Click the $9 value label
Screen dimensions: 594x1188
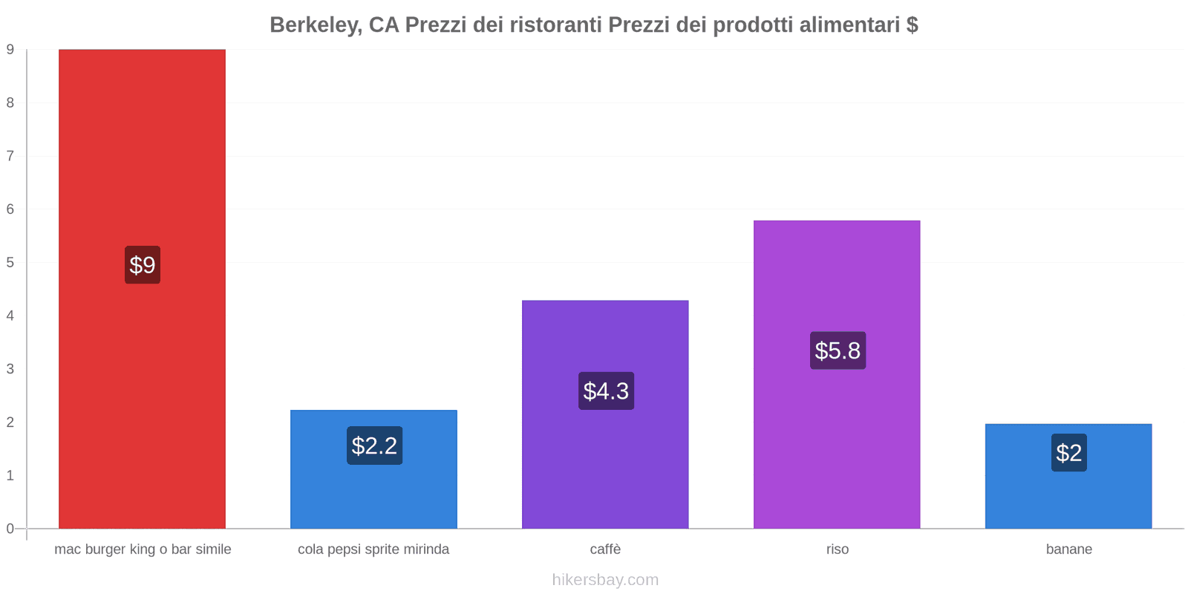(143, 265)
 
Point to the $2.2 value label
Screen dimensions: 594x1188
(374, 446)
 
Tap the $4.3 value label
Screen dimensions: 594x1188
(606, 391)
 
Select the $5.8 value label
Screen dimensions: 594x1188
(838, 350)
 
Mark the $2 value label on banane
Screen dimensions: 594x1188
(1068, 452)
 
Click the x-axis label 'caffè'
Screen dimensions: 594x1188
(605, 549)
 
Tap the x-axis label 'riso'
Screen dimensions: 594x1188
(837, 549)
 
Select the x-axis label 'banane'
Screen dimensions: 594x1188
(1068, 549)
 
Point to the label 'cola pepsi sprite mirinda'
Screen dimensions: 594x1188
(373, 549)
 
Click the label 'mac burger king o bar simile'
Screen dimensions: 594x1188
(143, 549)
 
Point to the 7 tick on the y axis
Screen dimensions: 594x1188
(10, 156)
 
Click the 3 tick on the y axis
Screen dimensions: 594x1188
(10, 369)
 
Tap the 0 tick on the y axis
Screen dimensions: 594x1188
(10, 529)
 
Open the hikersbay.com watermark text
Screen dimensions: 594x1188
(605, 580)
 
